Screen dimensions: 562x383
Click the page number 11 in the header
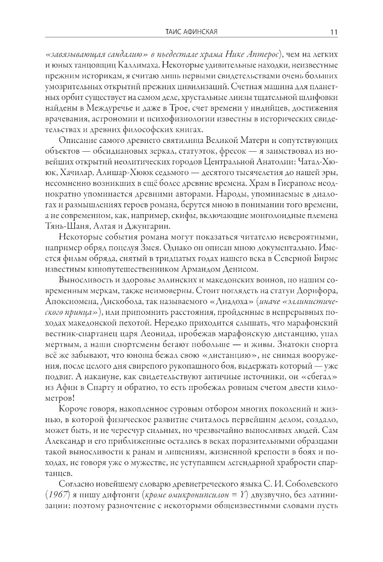click(x=333, y=32)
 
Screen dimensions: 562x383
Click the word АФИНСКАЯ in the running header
click(x=199, y=32)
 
